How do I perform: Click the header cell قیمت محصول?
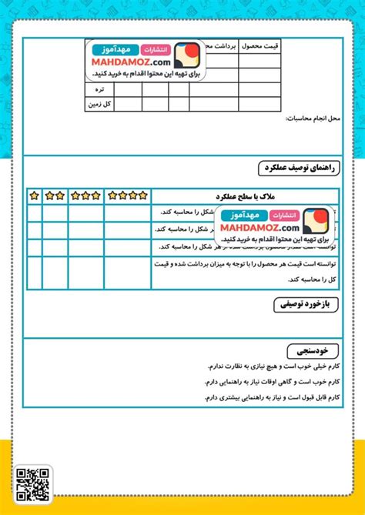coord(261,48)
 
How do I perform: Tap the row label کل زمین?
coord(100,104)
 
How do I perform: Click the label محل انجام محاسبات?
coord(311,119)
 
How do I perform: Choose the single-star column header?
coord(34,196)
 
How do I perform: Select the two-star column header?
coord(55,196)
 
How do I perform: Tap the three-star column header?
coord(85,196)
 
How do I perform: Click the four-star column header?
coord(127,196)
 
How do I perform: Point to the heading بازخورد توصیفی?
coord(306,306)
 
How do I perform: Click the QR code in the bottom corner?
coord(33,484)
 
